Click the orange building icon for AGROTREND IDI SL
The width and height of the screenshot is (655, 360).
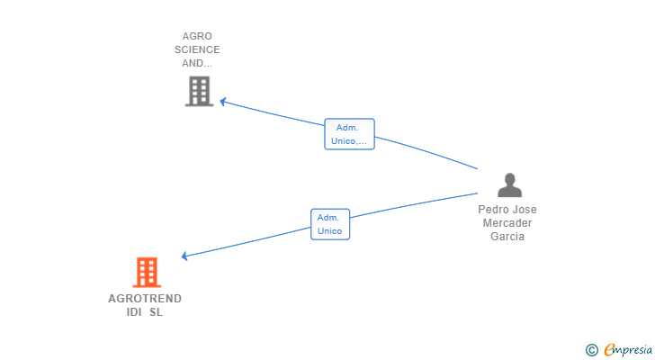147,273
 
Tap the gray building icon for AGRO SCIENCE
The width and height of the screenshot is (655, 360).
199,91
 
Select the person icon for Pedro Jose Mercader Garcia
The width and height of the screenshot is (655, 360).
509,185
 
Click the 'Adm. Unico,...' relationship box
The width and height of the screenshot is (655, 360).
349,134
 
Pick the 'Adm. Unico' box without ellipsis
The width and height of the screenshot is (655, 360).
330,224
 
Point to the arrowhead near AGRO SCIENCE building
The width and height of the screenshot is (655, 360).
223,102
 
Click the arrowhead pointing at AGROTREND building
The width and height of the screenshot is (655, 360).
184,256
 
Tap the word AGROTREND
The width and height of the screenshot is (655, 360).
145,299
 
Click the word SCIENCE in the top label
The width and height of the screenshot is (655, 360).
197,49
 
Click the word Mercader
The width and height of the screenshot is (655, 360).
507,223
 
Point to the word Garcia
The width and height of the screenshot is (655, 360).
507,237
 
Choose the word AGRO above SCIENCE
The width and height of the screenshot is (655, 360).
197,36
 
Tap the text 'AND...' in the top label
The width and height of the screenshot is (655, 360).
197,64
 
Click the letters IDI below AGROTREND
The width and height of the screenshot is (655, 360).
134,312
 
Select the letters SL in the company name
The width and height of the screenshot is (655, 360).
157,312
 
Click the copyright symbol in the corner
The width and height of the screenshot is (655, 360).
591,350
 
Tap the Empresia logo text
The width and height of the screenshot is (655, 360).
628,349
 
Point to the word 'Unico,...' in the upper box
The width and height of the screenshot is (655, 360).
349,141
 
